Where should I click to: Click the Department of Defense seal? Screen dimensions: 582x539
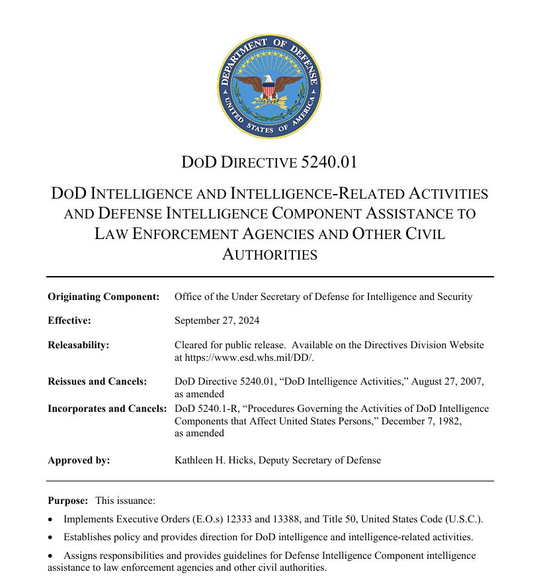(x=269, y=86)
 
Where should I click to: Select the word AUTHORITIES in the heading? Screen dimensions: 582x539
(x=269, y=254)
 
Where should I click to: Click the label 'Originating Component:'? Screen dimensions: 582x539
(x=104, y=297)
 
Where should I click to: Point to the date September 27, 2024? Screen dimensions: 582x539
(x=217, y=320)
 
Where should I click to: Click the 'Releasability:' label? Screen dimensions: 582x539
(x=78, y=345)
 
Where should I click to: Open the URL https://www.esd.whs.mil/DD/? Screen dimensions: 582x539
(x=242, y=357)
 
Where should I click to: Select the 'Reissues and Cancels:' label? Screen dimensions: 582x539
(x=97, y=381)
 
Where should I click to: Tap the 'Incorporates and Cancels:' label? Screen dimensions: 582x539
(x=107, y=409)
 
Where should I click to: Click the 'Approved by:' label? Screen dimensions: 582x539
(x=79, y=460)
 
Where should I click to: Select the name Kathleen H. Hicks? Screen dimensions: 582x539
(x=216, y=460)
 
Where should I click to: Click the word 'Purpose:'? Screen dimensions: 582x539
(x=67, y=501)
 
